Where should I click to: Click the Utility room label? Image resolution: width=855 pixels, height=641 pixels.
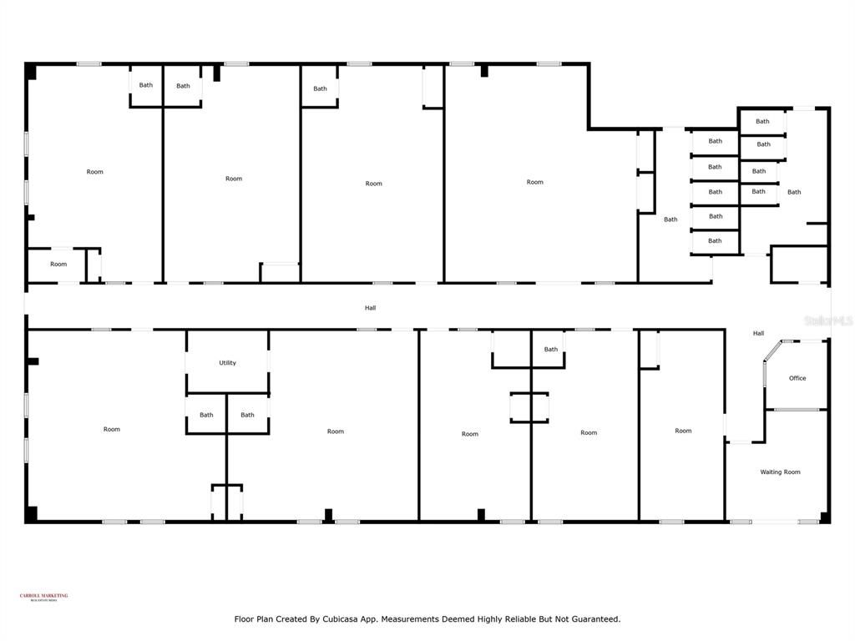pos(227,363)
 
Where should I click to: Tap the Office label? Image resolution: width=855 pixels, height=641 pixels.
pos(797,378)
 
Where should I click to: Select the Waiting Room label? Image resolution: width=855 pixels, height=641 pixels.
pos(780,472)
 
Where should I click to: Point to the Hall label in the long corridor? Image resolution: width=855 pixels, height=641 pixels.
pos(370,308)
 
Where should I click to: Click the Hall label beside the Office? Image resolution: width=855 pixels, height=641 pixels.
pos(758,334)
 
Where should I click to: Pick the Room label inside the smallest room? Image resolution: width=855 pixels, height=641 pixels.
pos(58,265)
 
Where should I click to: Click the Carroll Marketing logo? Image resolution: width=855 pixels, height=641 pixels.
pos(44,597)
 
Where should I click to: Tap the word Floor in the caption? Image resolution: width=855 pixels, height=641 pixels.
pos(244,619)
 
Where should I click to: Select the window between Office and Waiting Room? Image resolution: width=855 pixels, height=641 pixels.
pos(796,409)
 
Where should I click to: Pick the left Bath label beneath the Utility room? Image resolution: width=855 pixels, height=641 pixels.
pos(206,415)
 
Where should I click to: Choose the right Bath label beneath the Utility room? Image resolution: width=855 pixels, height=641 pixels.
pos(247,415)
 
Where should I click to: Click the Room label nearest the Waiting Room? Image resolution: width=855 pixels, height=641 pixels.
pos(683,431)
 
